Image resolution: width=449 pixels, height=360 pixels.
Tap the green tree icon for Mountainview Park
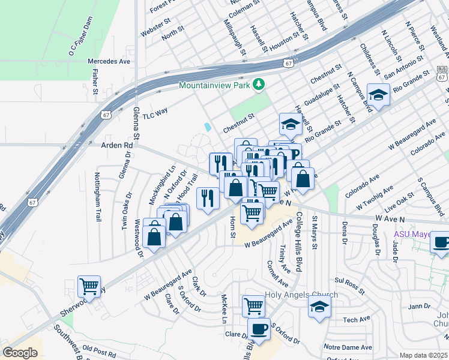pos(259,85)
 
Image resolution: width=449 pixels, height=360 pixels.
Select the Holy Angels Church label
pos(301,295)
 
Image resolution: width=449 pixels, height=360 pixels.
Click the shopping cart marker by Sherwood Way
pos(89,287)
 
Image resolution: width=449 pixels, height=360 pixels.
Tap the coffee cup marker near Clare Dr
pos(259,329)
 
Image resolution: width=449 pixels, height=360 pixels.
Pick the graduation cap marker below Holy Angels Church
pos(320,307)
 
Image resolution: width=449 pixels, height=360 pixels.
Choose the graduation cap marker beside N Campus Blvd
pos(378,95)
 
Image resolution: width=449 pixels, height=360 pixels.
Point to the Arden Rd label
pos(116,145)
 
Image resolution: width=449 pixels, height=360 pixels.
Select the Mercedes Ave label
pos(109,61)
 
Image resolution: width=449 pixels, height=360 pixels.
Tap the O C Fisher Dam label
pos(82,37)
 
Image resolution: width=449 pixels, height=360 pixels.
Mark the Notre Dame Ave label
pos(348,347)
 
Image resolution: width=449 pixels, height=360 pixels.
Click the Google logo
pos(20,353)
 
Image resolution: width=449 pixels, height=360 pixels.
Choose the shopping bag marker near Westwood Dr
pos(154,234)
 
